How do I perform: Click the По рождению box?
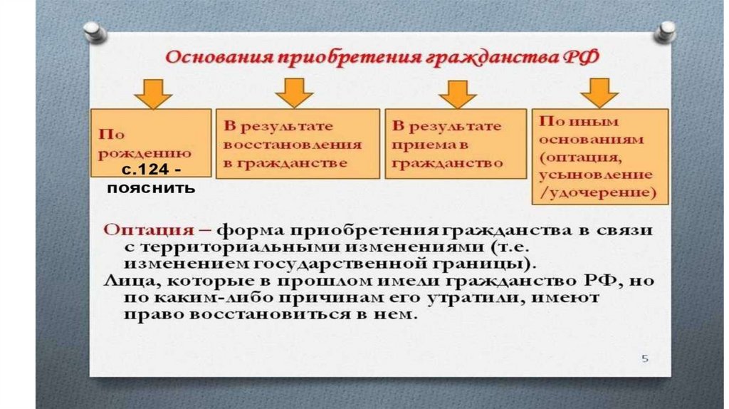150,140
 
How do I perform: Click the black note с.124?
150,172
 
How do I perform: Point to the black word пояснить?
150,189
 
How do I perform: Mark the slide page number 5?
645,358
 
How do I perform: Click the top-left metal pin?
93,31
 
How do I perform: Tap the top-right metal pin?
666,30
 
